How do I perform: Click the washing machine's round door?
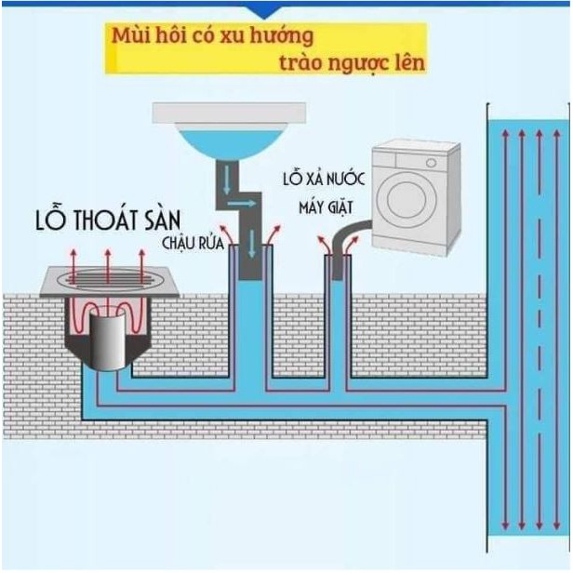coord(411,199)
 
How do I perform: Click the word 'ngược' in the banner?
coord(354,63)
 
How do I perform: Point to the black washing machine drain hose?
coord(351,236)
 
